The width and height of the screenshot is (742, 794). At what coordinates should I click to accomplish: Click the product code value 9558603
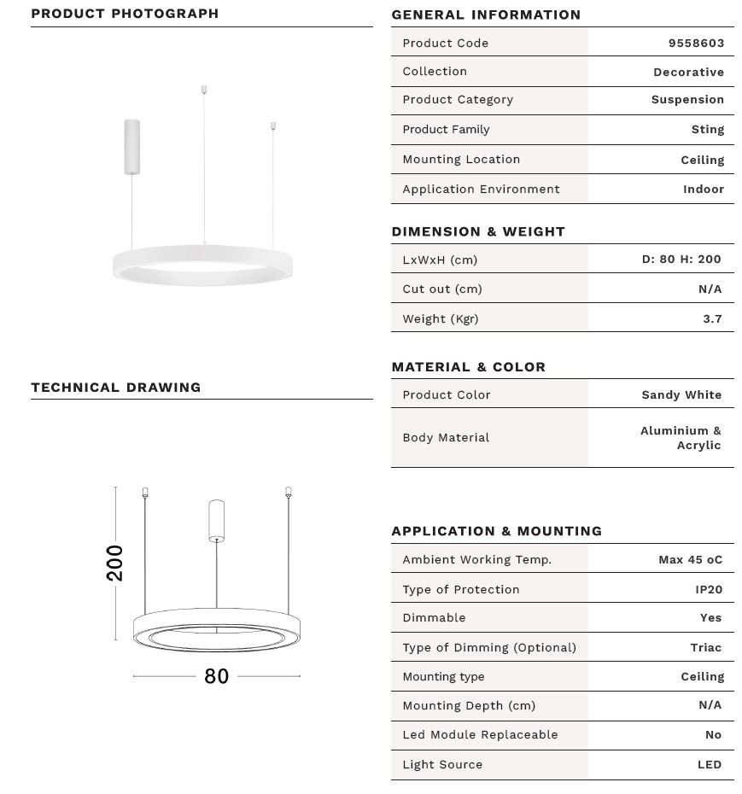[x=696, y=43]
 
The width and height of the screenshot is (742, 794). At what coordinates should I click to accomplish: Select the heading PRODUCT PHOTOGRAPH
[x=125, y=14]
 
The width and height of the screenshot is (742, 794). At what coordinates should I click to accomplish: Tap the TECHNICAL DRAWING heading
[x=116, y=387]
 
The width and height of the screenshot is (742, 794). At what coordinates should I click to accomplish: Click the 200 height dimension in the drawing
[x=114, y=563]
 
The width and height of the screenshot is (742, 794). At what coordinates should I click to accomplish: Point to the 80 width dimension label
[x=216, y=676]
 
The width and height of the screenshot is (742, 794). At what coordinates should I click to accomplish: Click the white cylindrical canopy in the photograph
[x=131, y=146]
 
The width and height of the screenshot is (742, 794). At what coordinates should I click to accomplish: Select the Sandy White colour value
[x=681, y=394]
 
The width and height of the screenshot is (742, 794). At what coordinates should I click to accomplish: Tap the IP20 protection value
[x=708, y=589]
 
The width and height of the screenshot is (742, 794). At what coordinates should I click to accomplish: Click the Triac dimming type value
[x=705, y=647]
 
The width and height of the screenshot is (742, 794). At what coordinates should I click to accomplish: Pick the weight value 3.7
[x=712, y=318]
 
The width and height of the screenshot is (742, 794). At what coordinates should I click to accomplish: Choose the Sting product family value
[x=707, y=129]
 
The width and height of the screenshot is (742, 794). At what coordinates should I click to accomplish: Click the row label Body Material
[x=446, y=437]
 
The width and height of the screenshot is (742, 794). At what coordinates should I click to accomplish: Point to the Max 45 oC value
[x=690, y=559]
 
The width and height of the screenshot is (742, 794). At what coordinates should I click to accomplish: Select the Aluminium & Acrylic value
[x=681, y=438]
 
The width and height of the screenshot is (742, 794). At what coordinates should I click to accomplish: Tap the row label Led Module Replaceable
[x=480, y=734]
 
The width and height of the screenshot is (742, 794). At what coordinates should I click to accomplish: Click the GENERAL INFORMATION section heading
[x=486, y=15]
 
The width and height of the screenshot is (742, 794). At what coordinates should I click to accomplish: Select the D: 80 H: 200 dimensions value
[x=681, y=259]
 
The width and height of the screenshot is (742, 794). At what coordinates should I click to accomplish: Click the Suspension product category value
[x=687, y=99]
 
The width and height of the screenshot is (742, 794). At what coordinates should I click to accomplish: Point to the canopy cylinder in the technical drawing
[x=217, y=520]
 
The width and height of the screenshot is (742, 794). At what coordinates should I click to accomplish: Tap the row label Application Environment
[x=481, y=189]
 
